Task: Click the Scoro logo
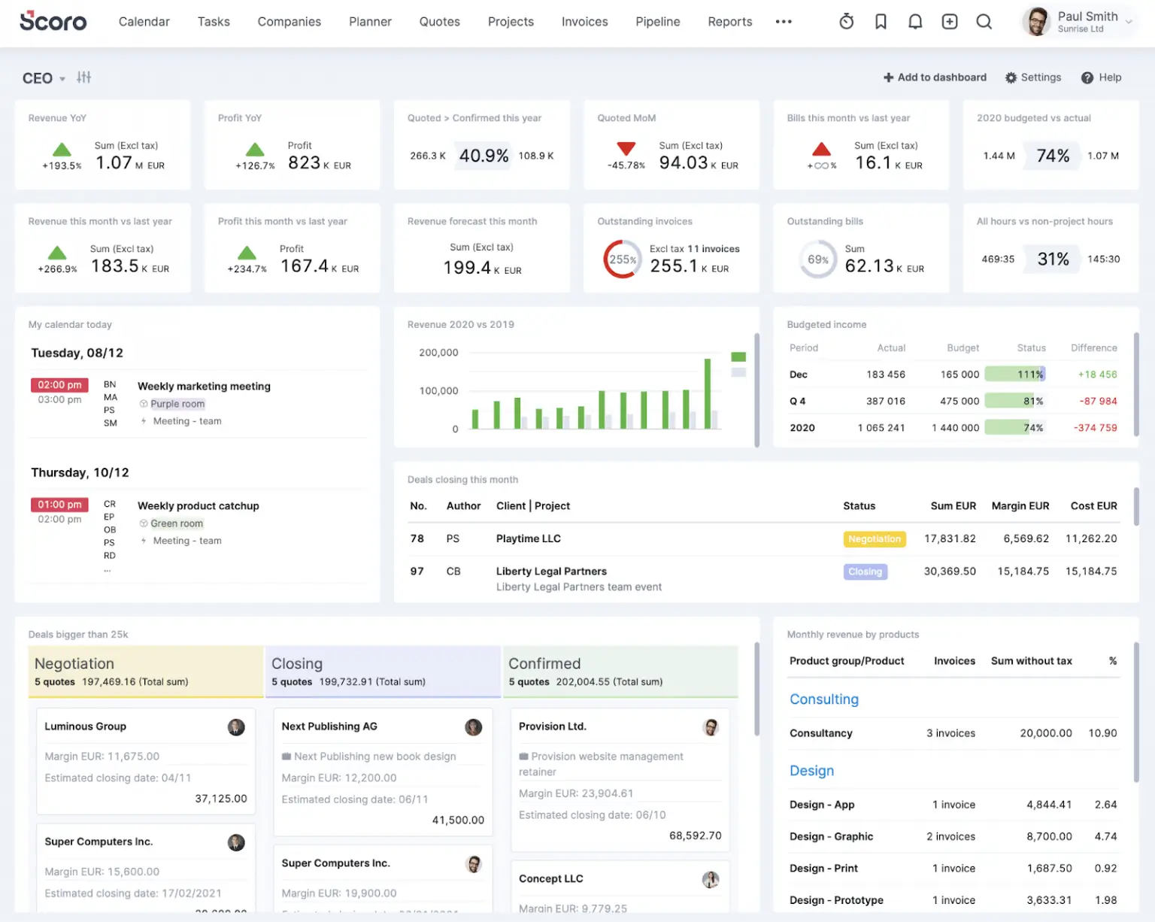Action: click(x=53, y=21)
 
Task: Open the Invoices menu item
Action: click(x=584, y=22)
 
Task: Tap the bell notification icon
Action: click(x=914, y=22)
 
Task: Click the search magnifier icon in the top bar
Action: click(x=984, y=22)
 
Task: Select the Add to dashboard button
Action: click(x=935, y=77)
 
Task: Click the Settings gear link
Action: click(x=1033, y=77)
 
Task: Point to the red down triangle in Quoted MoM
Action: click(x=626, y=148)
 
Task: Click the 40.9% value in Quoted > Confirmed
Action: click(x=484, y=156)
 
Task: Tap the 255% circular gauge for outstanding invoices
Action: click(x=622, y=259)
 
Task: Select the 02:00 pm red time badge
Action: click(x=59, y=385)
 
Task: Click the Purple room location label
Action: click(x=177, y=404)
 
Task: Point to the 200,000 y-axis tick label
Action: click(x=438, y=353)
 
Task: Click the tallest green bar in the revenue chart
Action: click(x=707, y=393)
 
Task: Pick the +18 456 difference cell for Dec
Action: click(x=1096, y=375)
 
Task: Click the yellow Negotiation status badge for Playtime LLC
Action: click(x=874, y=539)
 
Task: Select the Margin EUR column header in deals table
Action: click(x=1020, y=506)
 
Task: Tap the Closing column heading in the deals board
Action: click(x=297, y=664)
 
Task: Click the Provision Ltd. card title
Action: click(x=552, y=726)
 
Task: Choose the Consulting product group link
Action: click(x=823, y=699)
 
